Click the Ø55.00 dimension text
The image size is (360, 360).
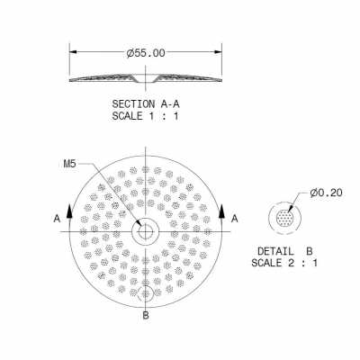(146, 53)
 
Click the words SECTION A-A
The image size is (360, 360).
(145, 104)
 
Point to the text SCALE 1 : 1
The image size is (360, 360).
(145, 116)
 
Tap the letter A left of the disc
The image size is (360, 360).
(58, 219)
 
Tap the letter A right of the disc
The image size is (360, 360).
(234, 219)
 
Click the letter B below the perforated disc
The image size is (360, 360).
(145, 316)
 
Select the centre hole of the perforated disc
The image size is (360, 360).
(144, 232)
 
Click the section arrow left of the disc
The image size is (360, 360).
(69, 212)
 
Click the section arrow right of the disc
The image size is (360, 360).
(221, 212)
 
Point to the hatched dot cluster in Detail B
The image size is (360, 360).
(286, 219)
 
